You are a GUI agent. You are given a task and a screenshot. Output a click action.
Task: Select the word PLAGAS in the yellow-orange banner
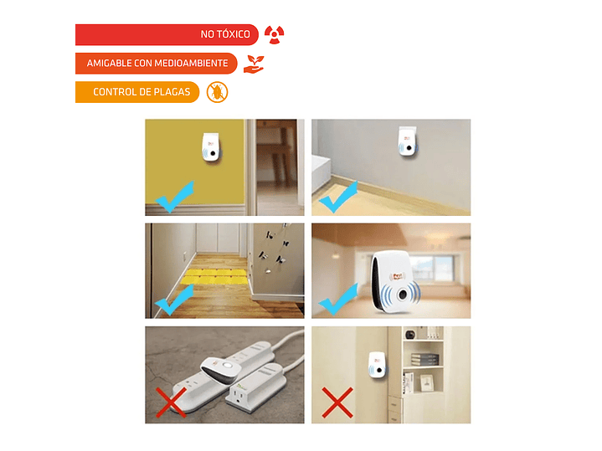tap(172, 92)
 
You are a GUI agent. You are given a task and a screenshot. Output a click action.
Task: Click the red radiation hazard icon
tap(274, 35)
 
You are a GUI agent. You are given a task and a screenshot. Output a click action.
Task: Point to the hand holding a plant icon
tap(254, 64)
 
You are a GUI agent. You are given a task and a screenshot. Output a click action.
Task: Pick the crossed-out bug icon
tap(218, 92)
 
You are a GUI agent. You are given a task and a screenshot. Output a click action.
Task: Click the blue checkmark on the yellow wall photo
tap(175, 197)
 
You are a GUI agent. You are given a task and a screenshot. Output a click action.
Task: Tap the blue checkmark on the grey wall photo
tap(338, 197)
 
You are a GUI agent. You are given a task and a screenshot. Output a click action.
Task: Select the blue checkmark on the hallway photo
tap(174, 300)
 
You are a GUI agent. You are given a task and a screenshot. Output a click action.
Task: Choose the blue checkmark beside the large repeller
tap(338, 300)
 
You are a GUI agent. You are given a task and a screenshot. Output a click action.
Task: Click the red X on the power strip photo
tap(172, 402)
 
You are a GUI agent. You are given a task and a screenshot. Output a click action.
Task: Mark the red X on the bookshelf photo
tap(337, 402)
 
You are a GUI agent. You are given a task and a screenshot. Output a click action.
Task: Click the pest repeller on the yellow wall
tap(211, 147)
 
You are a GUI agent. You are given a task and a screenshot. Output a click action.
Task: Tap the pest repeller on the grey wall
tap(408, 141)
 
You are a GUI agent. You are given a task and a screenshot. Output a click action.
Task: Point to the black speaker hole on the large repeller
tap(403, 295)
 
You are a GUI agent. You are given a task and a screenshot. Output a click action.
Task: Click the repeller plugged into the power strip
tap(221, 369)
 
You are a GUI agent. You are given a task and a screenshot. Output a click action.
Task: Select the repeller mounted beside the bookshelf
tap(377, 366)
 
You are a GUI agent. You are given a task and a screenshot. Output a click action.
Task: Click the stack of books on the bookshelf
tap(424, 360)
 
